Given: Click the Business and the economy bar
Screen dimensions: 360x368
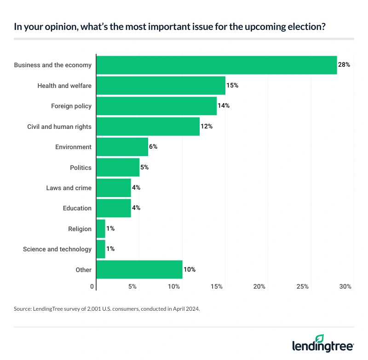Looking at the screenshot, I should pyautogui.click(x=216, y=65).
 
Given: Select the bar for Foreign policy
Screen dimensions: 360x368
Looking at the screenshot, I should pyautogui.click(x=156, y=106).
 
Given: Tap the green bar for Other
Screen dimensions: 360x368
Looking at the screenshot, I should pyautogui.click(x=139, y=270).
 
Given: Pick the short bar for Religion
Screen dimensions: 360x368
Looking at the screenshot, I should pyautogui.click(x=101, y=229).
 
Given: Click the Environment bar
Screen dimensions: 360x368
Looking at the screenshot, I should pyautogui.click(x=122, y=147).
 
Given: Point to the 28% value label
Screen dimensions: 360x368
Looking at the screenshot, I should pyautogui.click(x=344, y=65).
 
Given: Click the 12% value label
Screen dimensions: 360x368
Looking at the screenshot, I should pyautogui.click(x=207, y=126).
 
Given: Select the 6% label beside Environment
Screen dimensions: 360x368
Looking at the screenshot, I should pyautogui.click(x=153, y=147).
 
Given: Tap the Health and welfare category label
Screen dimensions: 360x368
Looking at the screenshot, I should pyautogui.click(x=64, y=86).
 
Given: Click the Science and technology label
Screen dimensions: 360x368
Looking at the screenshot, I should pyautogui.click(x=57, y=249).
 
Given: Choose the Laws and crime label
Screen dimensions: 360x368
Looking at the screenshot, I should pyautogui.click(x=69, y=188).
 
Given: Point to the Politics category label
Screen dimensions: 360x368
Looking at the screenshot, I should pyautogui.click(x=80, y=168).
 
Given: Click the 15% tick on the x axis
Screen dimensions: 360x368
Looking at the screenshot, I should pyautogui.click(x=217, y=287).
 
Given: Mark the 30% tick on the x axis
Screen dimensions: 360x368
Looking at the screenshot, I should pyautogui.click(x=345, y=287).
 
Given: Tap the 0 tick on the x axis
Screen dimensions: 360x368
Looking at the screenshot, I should pyautogui.click(x=92, y=287).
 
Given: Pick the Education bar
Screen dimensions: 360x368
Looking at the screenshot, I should pyautogui.click(x=114, y=208).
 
